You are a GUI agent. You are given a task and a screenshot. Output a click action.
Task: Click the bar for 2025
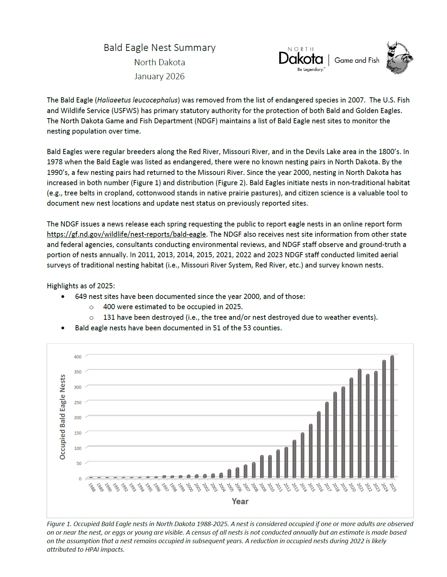tap(392, 416)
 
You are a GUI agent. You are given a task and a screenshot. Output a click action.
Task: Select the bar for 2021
tap(360, 423)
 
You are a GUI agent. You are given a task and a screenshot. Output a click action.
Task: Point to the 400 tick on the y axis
tap(78, 357)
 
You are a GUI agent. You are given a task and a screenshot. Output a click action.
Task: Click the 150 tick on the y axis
tap(78, 433)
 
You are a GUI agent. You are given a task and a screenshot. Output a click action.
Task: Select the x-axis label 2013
tap(295, 487)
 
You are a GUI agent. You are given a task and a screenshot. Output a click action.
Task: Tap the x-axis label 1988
tap(92, 487)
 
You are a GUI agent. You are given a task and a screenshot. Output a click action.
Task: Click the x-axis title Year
tap(240, 502)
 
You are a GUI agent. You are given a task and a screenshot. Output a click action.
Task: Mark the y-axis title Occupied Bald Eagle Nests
tap(63, 417)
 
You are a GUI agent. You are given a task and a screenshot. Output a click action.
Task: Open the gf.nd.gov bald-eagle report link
tap(126, 234)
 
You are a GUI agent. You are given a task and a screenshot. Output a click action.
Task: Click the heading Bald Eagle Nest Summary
tap(160, 47)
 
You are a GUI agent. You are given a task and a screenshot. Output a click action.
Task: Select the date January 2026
tap(159, 76)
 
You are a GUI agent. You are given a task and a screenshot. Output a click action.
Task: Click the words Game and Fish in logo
tap(357, 60)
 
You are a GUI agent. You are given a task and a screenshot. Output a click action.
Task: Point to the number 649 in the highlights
tap(81, 297)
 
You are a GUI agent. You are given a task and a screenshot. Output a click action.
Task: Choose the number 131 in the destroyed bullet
tap(109, 317)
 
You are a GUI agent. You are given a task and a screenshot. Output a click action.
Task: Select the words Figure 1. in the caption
tap(59, 524)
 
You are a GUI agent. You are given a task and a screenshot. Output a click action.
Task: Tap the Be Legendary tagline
tap(310, 69)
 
